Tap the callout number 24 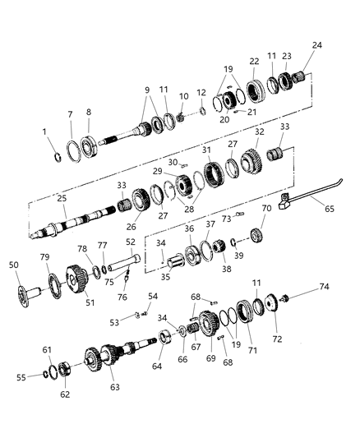tap(316, 45)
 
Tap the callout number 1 tap(44, 131)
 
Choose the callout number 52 tap(130, 242)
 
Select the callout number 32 tap(259, 131)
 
